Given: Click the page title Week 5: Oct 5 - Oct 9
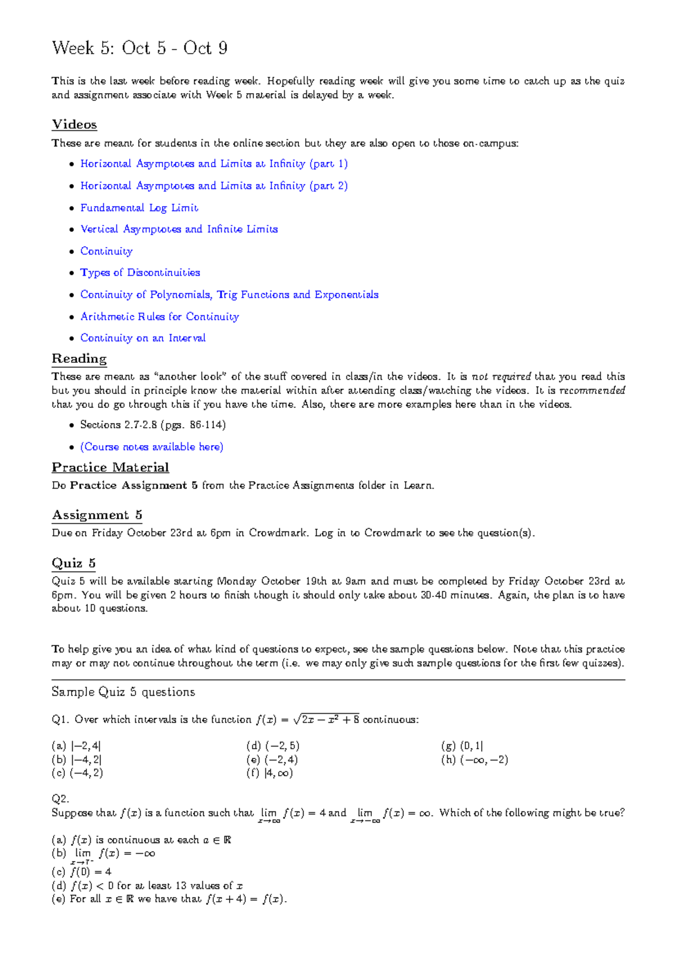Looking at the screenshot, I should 139,48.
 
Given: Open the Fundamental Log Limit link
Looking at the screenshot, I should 139,208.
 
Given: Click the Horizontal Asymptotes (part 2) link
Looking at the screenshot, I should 213,186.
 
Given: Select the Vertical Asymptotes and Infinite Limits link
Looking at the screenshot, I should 179,229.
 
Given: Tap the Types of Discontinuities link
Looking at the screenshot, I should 140,273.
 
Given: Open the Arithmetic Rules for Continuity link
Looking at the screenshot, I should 160,317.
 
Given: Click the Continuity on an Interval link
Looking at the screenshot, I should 143,338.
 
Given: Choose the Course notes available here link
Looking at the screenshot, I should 152,447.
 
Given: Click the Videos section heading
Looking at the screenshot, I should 74,125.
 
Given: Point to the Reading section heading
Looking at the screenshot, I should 79,359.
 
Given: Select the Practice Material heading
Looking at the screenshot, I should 110,467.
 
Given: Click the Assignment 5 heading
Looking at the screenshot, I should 96,515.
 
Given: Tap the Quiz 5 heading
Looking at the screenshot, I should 73,563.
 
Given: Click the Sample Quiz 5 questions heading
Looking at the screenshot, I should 123,692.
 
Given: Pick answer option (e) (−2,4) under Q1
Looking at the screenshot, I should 272,760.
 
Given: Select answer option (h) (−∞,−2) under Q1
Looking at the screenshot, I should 474,760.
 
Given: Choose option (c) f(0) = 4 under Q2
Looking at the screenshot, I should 82,871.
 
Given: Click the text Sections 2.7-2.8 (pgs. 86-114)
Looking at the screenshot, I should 152,425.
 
